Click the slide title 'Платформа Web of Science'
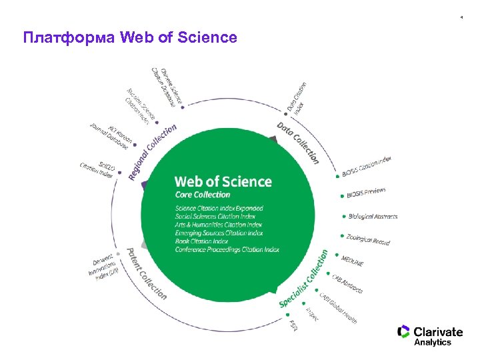click(130, 37)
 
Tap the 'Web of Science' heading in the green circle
click(223, 181)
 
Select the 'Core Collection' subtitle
click(202, 195)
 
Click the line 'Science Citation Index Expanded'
click(219, 209)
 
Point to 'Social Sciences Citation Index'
click(215, 217)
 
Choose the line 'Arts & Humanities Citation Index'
click(218, 225)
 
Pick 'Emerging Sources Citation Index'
click(218, 233)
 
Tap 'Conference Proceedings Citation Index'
click(227, 249)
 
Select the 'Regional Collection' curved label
click(153, 151)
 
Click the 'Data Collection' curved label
click(297, 142)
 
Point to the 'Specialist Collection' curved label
click(304, 279)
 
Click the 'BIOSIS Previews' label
click(366, 193)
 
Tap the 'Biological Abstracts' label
click(373, 216)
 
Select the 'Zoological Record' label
click(368, 239)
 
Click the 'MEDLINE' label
click(353, 259)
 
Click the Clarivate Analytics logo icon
click(403, 332)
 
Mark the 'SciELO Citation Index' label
click(97, 169)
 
